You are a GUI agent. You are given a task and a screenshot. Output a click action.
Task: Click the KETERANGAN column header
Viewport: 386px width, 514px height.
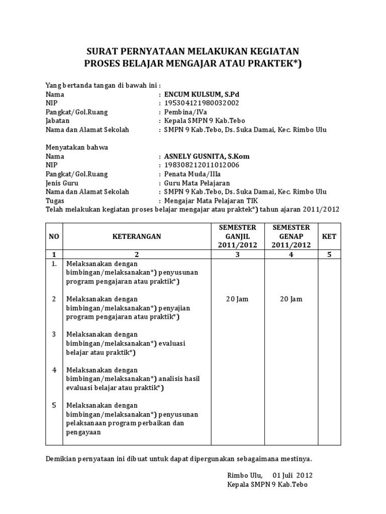137,236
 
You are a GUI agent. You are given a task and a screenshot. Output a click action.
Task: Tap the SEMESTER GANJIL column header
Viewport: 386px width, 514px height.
237,236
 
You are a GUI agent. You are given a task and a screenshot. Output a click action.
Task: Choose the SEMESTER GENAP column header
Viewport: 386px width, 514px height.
291,236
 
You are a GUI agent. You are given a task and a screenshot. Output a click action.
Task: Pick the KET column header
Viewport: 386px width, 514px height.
330,236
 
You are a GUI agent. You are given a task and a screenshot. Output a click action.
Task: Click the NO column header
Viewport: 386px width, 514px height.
54,236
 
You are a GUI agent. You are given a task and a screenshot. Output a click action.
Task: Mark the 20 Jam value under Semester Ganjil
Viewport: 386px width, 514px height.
237,299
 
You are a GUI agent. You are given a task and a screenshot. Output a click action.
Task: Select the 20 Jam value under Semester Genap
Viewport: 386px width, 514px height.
291,299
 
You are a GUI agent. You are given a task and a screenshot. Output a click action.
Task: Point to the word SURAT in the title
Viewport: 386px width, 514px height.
103,51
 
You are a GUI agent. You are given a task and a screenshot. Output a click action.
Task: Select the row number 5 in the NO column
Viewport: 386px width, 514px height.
54,405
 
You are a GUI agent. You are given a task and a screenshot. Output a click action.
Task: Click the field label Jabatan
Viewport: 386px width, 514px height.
57,121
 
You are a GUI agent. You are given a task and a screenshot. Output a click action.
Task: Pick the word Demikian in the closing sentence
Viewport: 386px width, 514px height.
62,459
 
